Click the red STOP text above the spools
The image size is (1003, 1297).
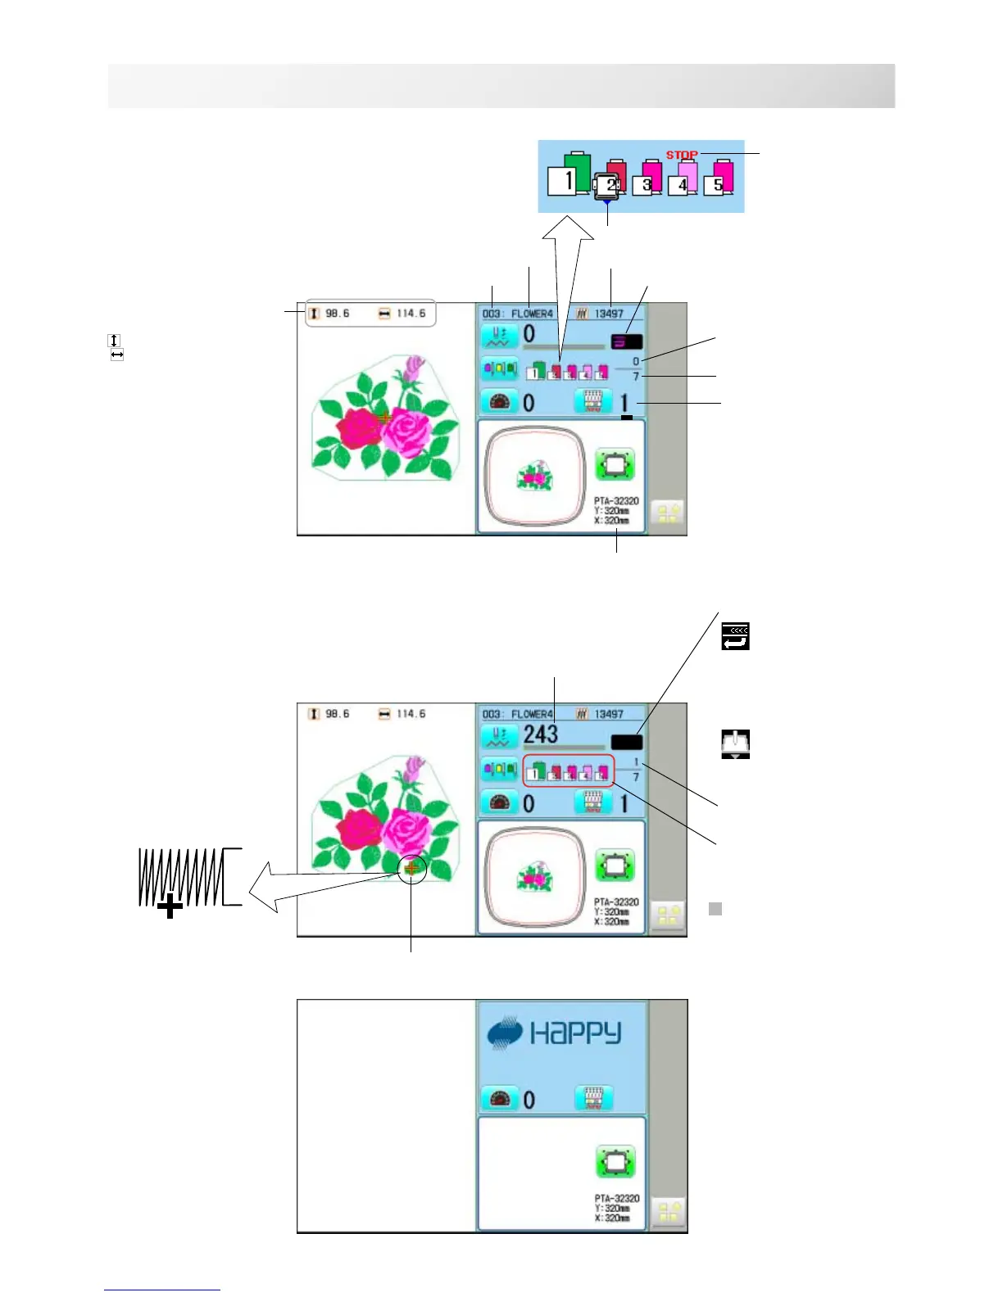point(681,155)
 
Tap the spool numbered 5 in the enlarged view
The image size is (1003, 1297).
point(722,177)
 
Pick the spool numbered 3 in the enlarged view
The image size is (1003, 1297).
point(651,177)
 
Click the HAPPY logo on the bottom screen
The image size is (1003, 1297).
point(555,1033)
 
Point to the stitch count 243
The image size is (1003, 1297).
point(540,734)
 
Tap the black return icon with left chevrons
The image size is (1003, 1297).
point(735,636)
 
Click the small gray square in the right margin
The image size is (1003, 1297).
point(715,908)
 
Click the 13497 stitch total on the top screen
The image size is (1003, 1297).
point(608,314)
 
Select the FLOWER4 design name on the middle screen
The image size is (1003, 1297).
point(532,714)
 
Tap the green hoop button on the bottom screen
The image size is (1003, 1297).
point(615,1162)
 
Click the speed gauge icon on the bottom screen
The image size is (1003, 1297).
point(500,1099)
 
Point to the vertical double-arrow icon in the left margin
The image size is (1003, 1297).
point(115,340)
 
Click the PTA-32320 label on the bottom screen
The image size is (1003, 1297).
point(616,1198)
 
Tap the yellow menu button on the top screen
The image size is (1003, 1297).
point(668,514)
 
